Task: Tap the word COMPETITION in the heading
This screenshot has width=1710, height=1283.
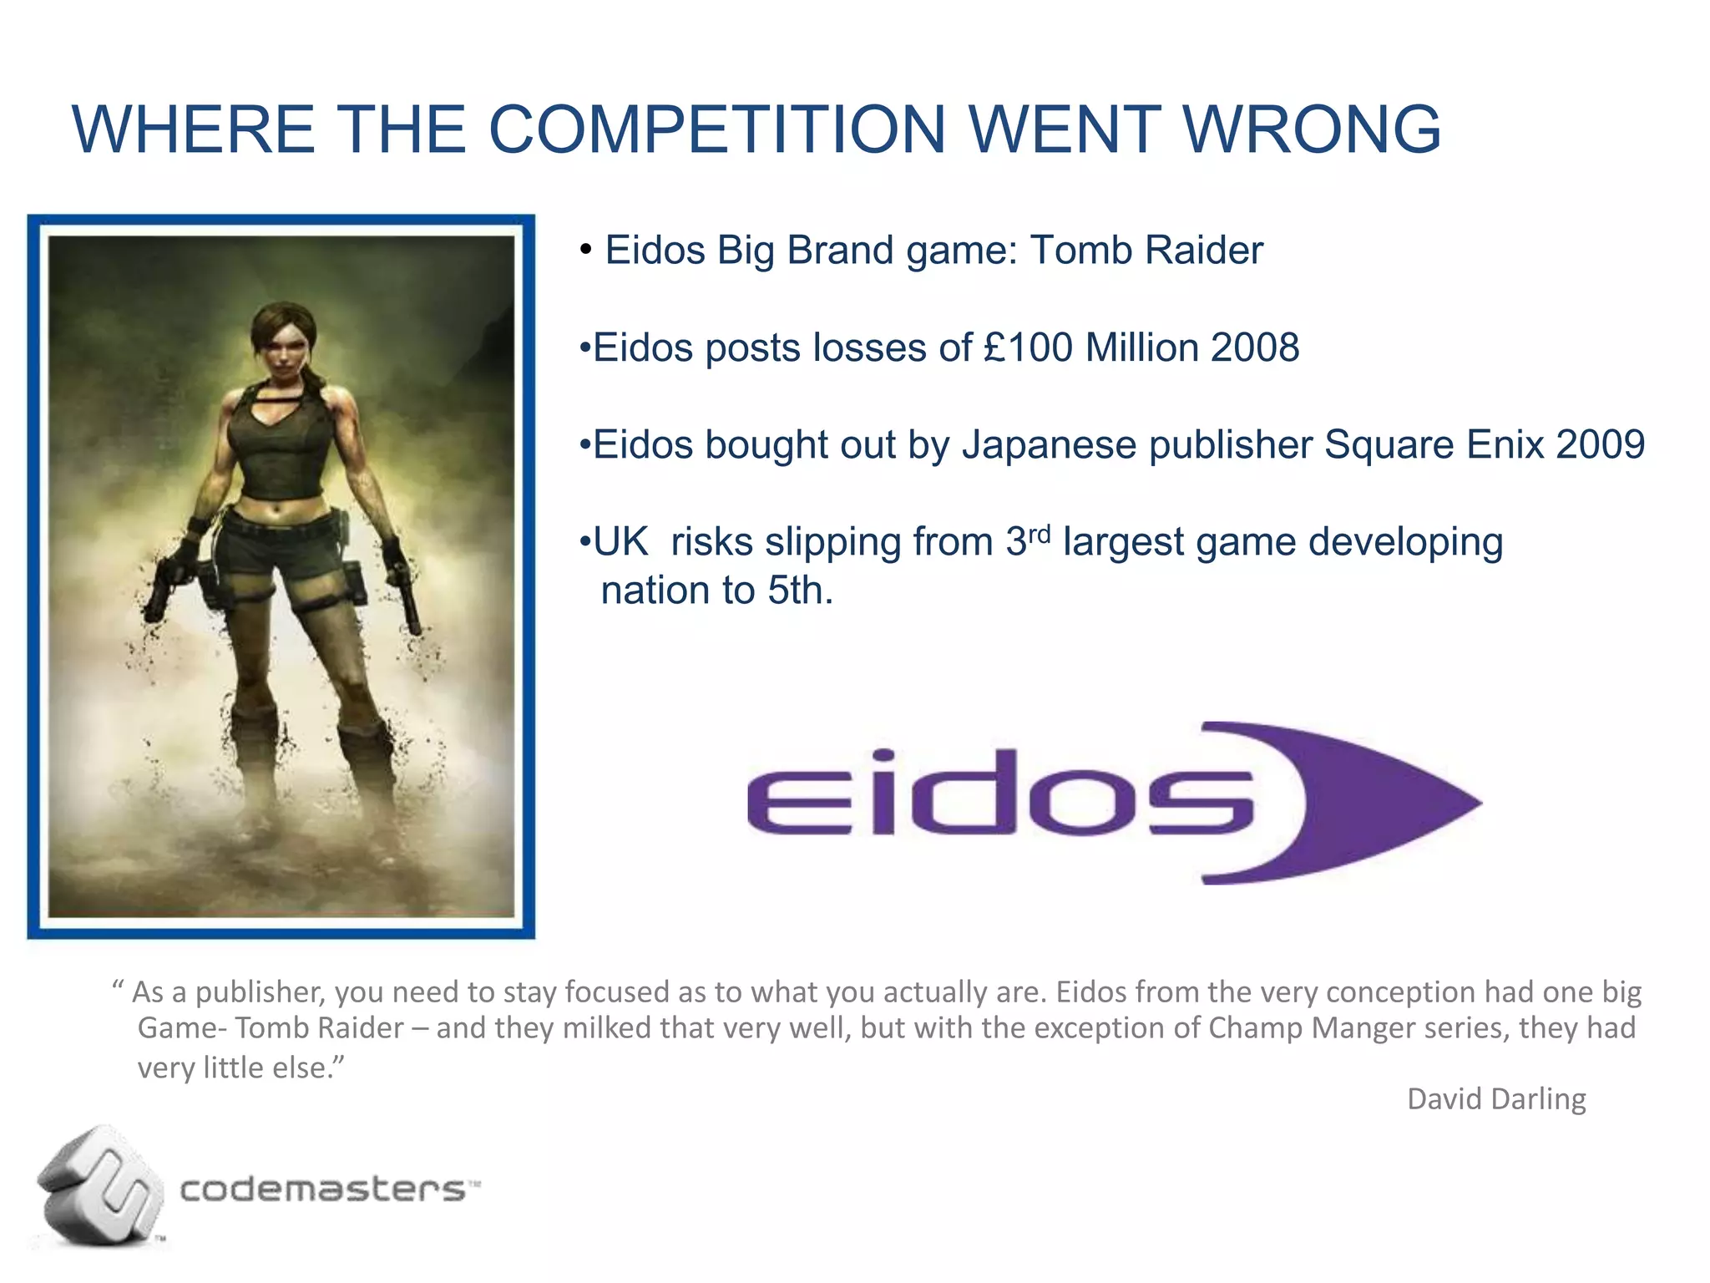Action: point(716,129)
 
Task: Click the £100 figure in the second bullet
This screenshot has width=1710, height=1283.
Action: point(1028,347)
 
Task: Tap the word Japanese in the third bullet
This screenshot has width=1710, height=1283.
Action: point(1049,444)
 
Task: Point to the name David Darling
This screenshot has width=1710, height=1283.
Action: point(1496,1098)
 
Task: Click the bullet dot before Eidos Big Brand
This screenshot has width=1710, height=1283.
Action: point(586,250)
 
